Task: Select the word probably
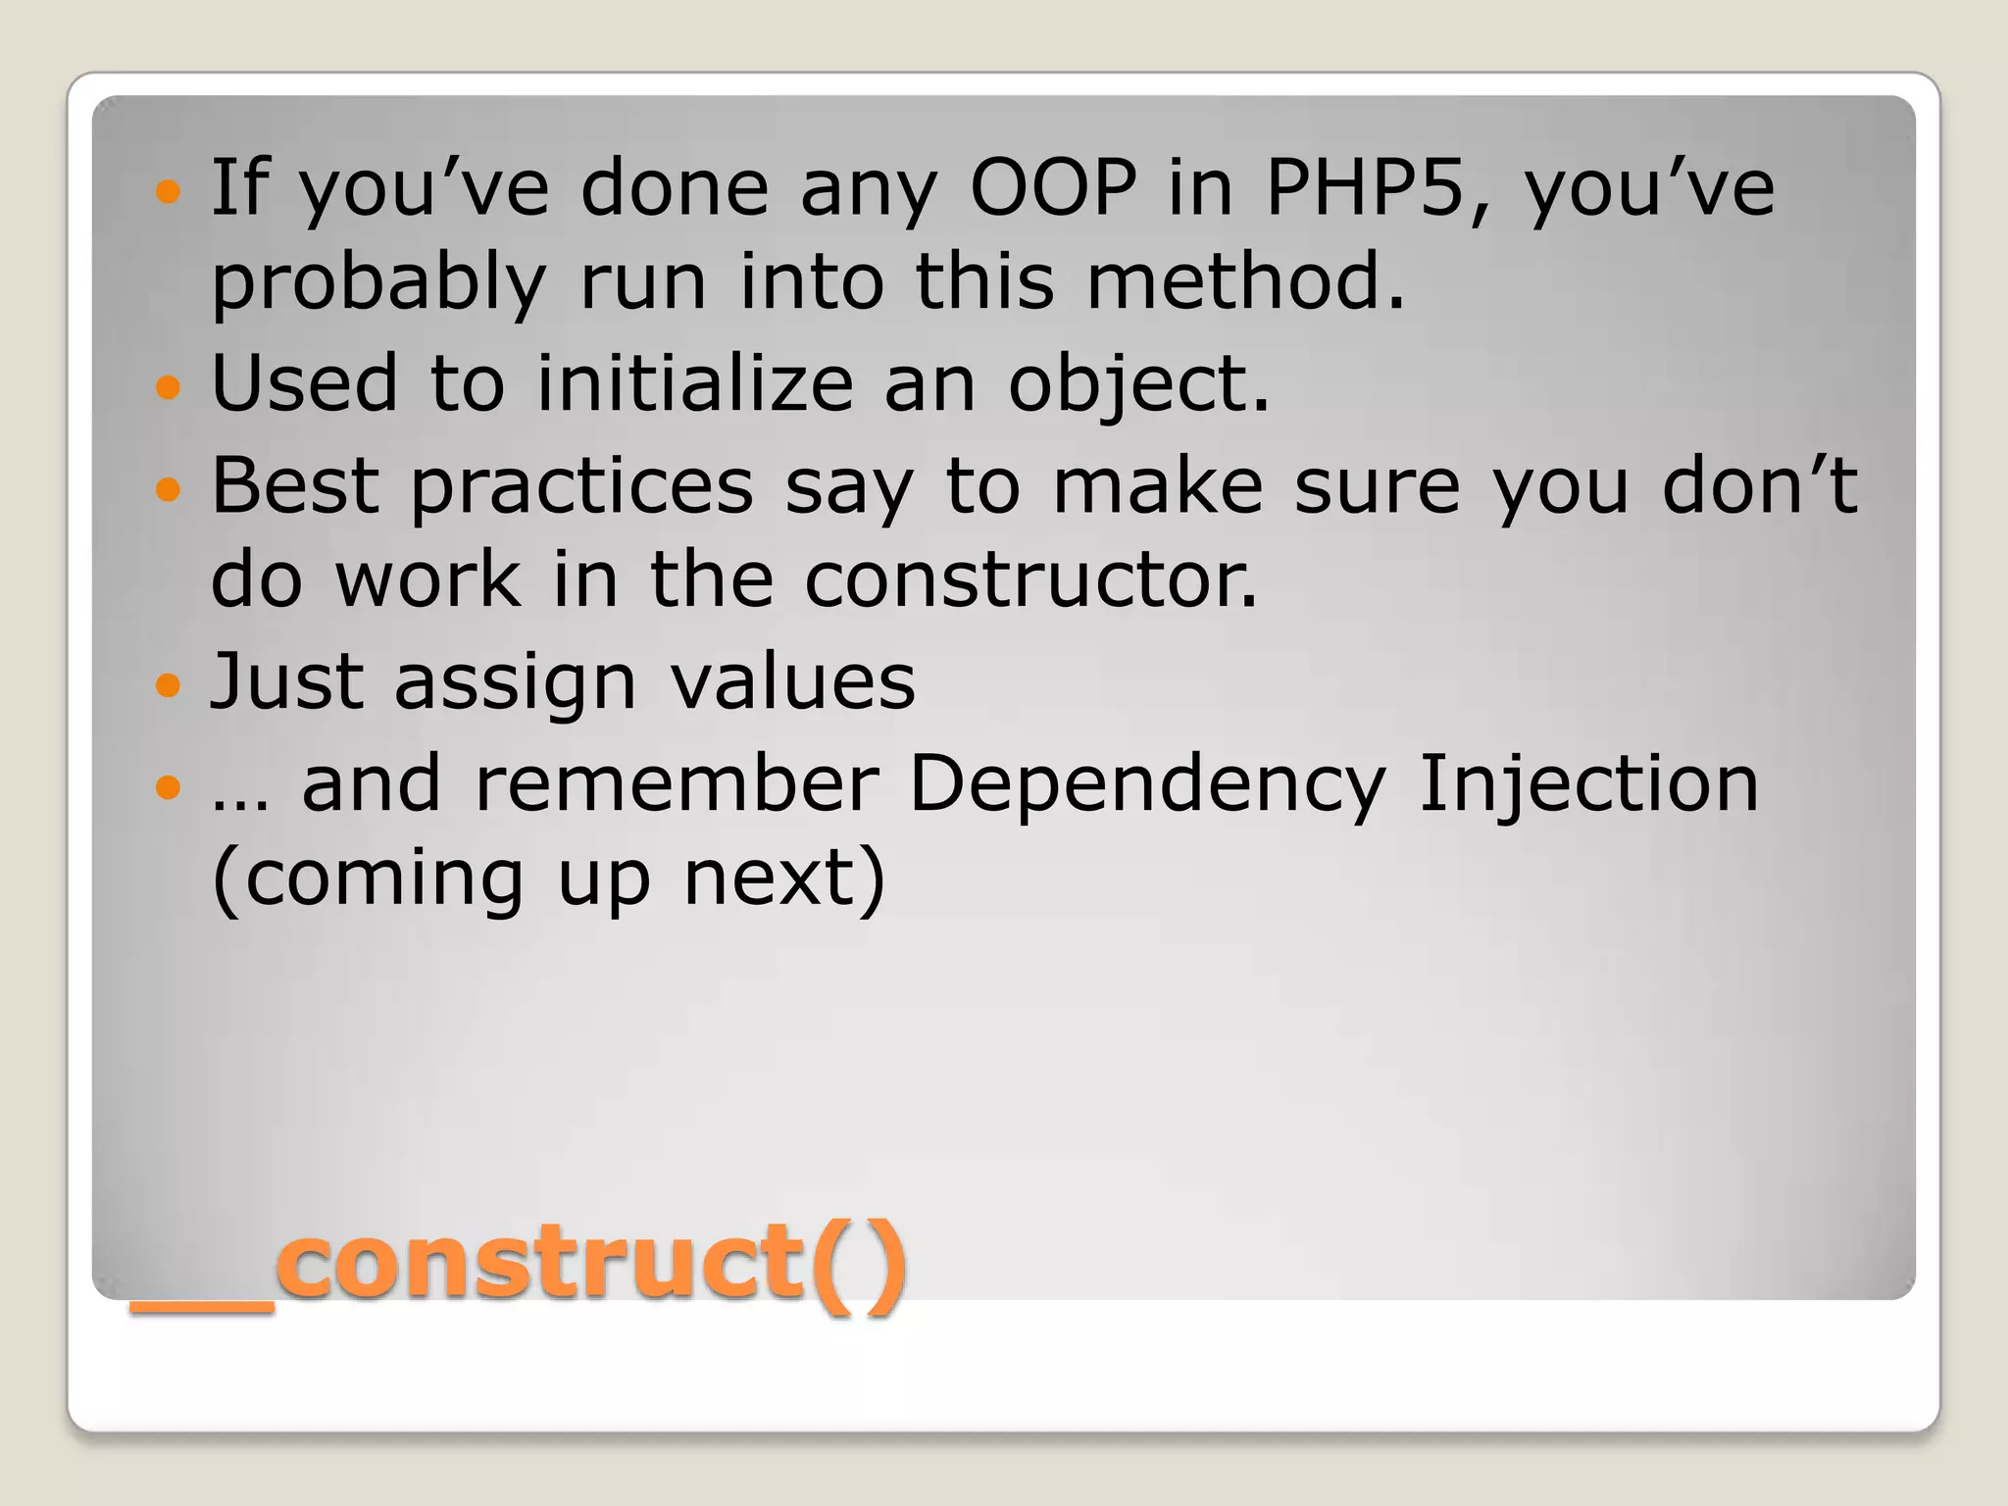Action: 378,284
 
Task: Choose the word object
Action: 1137,384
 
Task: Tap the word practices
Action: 581,488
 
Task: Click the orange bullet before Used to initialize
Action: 169,386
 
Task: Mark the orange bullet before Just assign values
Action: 169,684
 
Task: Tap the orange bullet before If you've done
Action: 169,190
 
